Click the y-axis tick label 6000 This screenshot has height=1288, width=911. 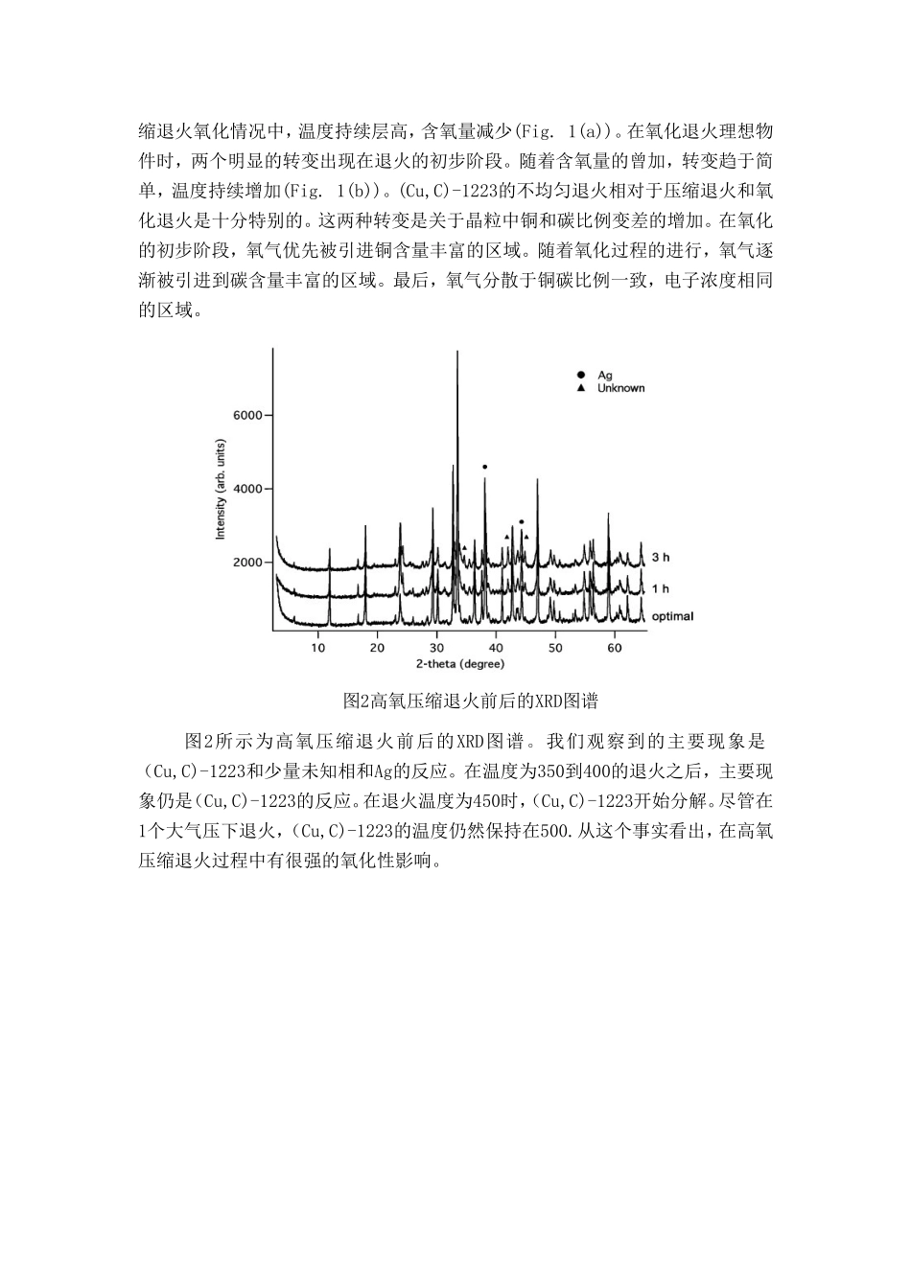click(247, 415)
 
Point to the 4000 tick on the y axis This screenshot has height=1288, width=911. click(247, 489)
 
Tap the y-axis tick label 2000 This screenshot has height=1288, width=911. click(247, 563)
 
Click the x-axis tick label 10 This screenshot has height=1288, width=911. click(318, 648)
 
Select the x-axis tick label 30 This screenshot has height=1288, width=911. click(437, 648)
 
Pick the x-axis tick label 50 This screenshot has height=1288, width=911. click(555, 648)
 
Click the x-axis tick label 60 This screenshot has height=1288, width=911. click(615, 648)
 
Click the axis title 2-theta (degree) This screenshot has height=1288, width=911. click(455, 663)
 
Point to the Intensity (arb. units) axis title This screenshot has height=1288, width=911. click(221, 490)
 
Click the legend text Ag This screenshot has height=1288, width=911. click(605, 376)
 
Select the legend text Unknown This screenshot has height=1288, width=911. click(620, 388)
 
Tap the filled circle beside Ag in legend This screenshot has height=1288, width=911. click(579, 376)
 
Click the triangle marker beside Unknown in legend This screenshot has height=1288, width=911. click(579, 388)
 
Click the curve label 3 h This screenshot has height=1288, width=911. click(661, 557)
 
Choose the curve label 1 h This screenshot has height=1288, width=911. click(661, 588)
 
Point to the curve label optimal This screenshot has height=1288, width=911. click(672, 616)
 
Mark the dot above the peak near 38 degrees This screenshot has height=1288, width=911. click(485, 467)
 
